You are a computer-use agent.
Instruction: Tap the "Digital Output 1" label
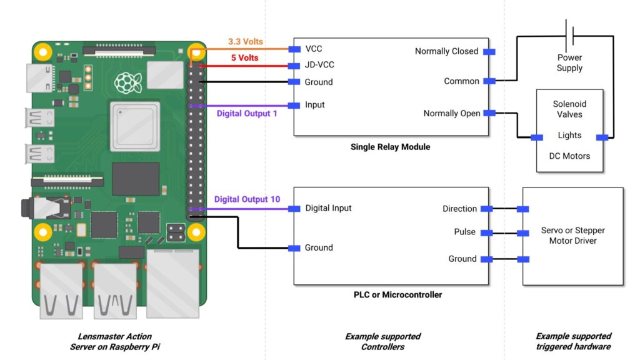(x=247, y=114)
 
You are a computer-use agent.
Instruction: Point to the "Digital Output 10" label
(x=247, y=199)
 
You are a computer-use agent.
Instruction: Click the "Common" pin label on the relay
(x=461, y=81)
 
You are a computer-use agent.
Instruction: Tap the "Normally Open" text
(x=452, y=114)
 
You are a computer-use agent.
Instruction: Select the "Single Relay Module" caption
(x=391, y=147)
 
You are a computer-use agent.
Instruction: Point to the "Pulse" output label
(x=464, y=232)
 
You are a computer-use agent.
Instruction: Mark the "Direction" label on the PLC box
(x=459, y=209)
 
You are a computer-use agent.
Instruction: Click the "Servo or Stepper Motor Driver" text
(x=572, y=236)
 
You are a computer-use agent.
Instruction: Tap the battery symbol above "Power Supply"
(x=570, y=32)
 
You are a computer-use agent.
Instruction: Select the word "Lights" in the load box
(x=569, y=135)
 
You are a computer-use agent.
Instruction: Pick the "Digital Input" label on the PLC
(x=328, y=208)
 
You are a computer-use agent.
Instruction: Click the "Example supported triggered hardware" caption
(x=573, y=341)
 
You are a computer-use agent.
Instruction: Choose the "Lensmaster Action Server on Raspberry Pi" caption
(x=114, y=341)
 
